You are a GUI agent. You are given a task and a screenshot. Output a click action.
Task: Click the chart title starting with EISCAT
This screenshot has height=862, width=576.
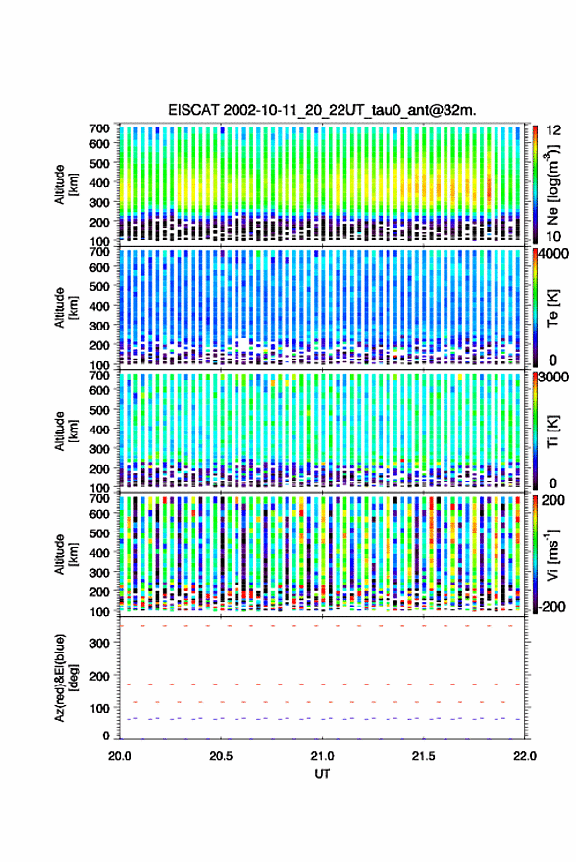tap(322, 110)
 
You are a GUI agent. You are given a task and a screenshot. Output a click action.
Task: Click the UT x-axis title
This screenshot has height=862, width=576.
tap(322, 774)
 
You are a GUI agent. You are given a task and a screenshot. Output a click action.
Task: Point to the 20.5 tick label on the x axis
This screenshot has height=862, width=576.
tap(221, 756)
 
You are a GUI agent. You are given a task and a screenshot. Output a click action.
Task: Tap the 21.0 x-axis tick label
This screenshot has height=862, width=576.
tap(322, 756)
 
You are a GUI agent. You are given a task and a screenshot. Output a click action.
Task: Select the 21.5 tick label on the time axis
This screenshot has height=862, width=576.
tap(423, 756)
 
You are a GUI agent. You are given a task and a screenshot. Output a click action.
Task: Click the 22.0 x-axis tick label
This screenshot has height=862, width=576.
tap(524, 756)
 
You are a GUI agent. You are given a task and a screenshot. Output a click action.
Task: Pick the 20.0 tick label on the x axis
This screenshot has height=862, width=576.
tap(120, 756)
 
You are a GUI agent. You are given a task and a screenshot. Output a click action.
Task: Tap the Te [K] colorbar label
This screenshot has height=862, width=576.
tap(552, 308)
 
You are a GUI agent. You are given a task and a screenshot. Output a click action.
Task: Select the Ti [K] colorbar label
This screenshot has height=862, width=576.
tap(552, 431)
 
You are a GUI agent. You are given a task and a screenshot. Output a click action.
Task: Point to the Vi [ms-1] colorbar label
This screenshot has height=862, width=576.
tap(552, 554)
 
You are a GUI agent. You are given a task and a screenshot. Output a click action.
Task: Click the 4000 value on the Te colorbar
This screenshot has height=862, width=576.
tap(554, 253)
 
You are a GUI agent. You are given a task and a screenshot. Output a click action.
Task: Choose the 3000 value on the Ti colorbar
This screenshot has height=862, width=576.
tap(554, 377)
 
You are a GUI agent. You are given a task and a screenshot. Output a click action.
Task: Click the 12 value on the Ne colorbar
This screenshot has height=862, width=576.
tap(553, 130)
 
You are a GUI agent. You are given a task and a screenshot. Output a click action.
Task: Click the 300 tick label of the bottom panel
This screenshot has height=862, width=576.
tap(99, 643)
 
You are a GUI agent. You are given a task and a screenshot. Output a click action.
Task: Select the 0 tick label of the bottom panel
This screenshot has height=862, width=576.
tap(106, 735)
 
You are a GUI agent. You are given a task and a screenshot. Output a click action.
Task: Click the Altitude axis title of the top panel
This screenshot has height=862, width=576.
tap(66, 184)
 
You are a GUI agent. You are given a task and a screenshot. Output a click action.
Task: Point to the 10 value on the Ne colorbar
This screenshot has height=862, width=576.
tap(553, 237)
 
